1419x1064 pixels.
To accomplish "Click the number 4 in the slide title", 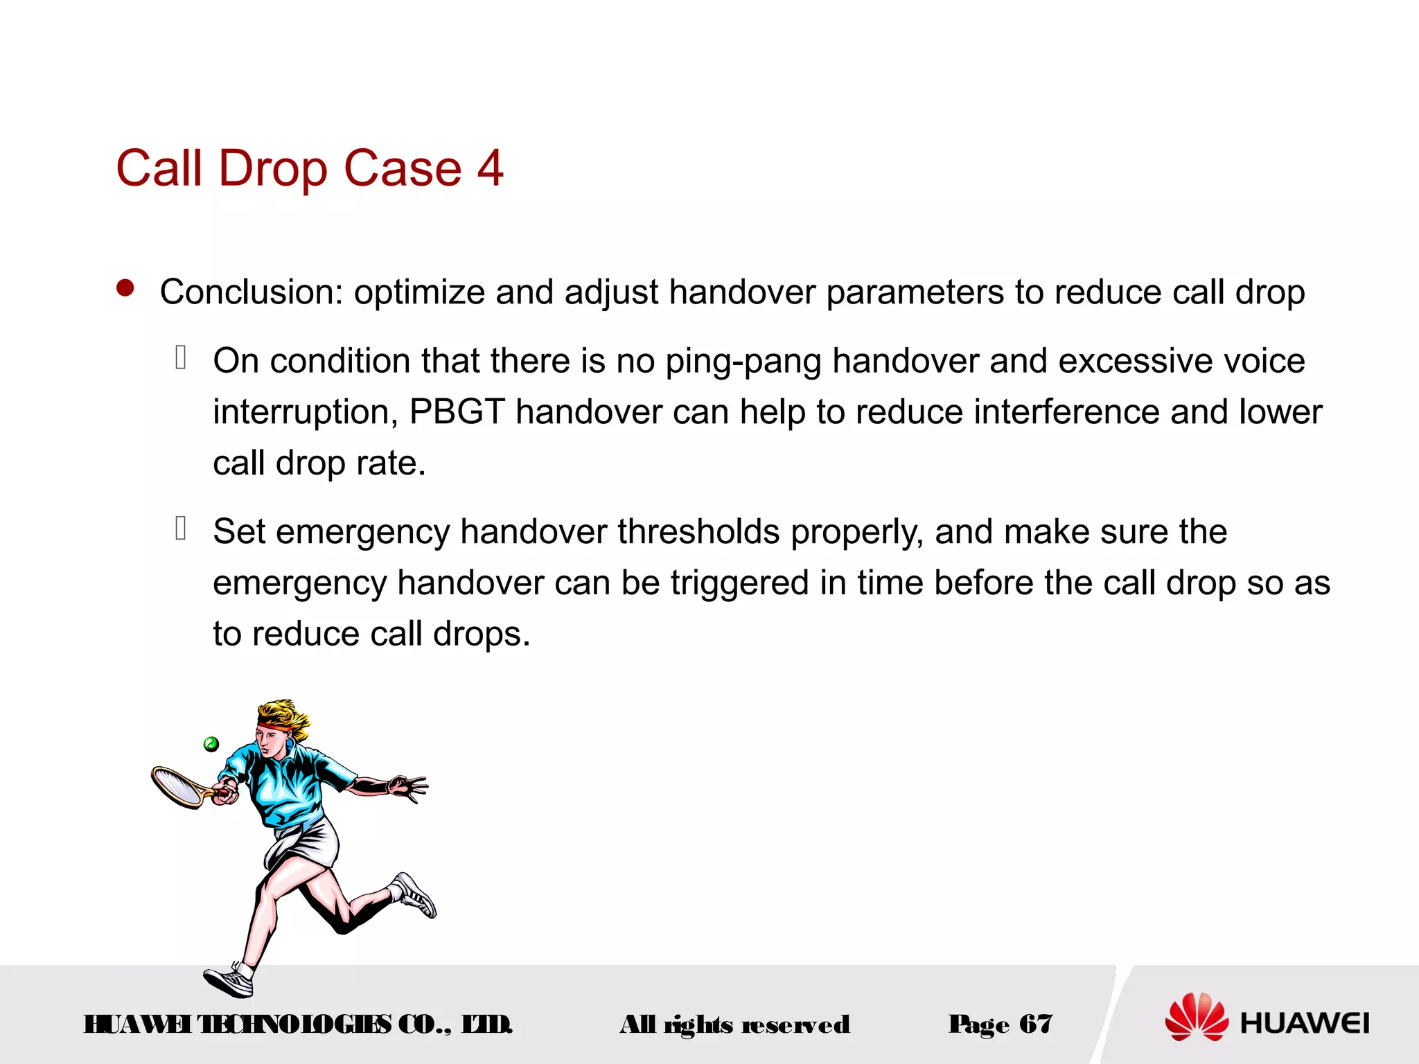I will [490, 168].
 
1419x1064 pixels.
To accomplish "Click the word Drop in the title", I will [273, 169].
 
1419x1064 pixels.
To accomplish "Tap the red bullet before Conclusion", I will [125, 288].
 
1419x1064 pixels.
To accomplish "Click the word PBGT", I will [457, 411].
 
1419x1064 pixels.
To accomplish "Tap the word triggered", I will [739, 583].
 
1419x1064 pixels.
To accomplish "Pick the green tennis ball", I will [211, 744].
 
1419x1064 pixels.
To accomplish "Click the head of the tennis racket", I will [175, 786].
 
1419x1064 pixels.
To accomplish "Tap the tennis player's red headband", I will [275, 725].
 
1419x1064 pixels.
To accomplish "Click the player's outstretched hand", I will [409, 787].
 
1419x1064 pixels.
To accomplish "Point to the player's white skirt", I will [305, 842].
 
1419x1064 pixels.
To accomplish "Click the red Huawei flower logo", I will [1196, 1016].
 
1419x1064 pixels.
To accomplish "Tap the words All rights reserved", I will [734, 1024].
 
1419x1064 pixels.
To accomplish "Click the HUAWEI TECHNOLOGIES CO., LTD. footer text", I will [298, 1024].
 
